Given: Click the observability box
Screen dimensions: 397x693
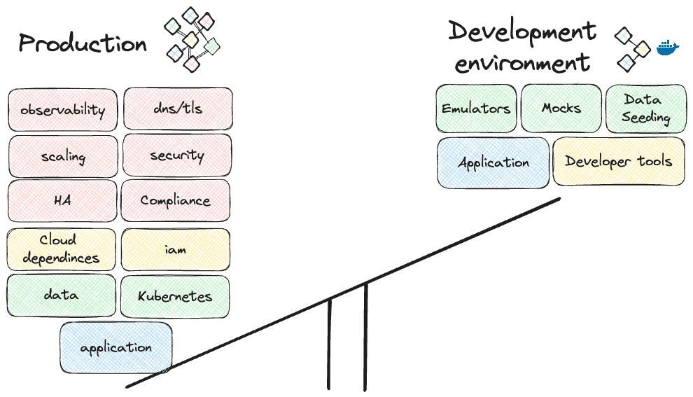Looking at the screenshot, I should point(63,110).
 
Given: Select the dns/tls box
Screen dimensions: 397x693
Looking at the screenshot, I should point(178,109).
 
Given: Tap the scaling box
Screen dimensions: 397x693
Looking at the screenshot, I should point(63,156).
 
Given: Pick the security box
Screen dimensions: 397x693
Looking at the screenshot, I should point(177,155).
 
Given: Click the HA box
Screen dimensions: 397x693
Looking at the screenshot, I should point(62,201).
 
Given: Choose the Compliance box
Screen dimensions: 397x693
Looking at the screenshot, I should point(175,201).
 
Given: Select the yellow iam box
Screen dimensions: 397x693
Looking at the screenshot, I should point(176,249).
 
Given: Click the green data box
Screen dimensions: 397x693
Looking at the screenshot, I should point(61,295).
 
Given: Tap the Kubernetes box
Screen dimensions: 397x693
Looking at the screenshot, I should point(175,296).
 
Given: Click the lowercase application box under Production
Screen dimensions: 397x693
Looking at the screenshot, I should point(116,347).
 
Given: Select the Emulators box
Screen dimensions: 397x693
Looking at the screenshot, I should point(476,109).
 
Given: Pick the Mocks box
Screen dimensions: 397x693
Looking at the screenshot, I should point(561,109).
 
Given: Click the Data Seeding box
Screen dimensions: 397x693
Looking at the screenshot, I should point(645,109).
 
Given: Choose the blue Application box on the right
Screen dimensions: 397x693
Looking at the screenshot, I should point(493,162).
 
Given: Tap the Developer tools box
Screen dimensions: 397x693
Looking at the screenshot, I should point(619,162).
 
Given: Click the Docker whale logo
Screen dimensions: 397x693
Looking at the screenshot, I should point(668,48).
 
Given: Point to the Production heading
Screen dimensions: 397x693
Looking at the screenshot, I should point(83,43).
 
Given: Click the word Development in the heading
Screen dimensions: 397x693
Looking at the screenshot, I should point(522,32).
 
